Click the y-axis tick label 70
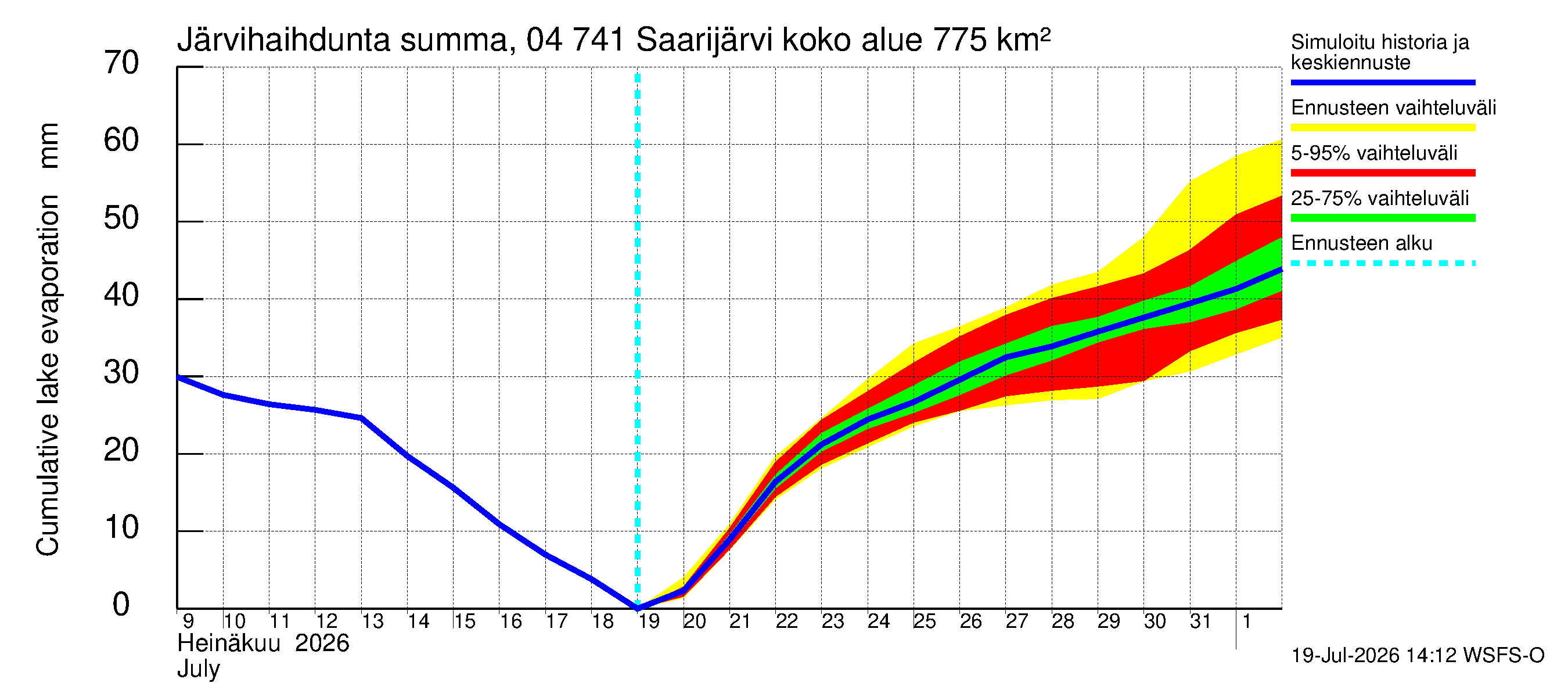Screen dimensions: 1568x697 (121, 63)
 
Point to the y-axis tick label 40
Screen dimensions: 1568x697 (121, 295)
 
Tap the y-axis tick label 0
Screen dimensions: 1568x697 (121, 605)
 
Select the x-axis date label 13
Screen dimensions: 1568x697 (372, 621)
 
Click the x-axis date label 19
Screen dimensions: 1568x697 (649, 621)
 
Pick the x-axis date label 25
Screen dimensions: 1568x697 (925, 621)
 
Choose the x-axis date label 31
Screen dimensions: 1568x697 (1200, 621)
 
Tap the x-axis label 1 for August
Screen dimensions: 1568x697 (1247, 621)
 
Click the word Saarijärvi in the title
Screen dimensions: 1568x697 (704, 41)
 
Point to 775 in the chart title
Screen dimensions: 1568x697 (959, 41)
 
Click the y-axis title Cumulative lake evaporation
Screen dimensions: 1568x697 (48, 375)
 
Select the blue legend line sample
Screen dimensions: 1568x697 (1383, 82)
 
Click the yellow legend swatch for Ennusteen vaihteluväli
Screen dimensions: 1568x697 (1383, 128)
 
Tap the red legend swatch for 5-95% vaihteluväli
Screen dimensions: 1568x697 (1383, 173)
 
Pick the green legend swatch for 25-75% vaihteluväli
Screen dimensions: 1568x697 (1383, 218)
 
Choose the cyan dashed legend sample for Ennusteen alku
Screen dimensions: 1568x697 (1383, 264)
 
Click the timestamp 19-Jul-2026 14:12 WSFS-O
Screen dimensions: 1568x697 (1418, 656)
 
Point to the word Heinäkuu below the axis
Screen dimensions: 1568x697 (229, 644)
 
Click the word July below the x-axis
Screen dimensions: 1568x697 (199, 670)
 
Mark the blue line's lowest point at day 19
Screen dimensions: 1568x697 (638, 608)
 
